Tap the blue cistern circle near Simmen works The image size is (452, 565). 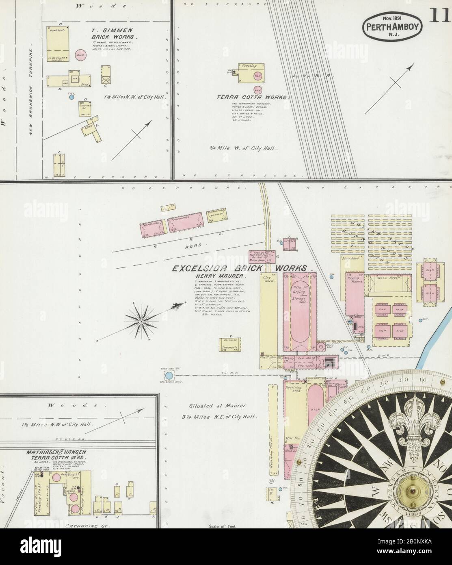pos(71,97)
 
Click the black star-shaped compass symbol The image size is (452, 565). pos(141,322)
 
